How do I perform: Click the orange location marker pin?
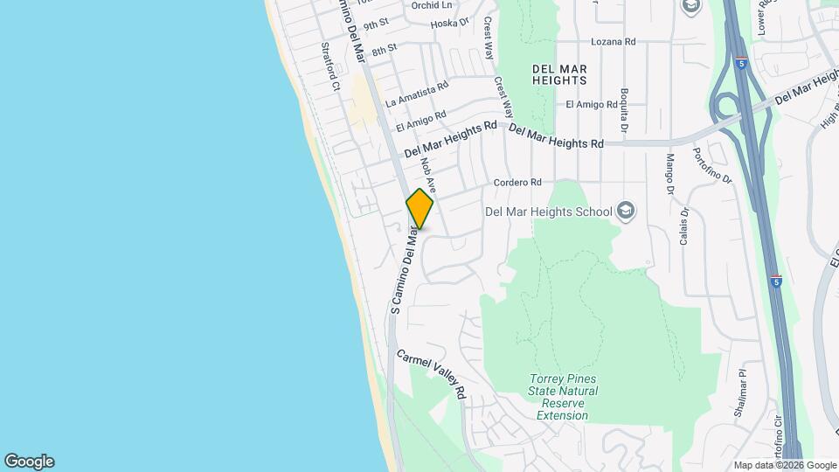[419, 208]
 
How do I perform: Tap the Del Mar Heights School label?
[549, 211]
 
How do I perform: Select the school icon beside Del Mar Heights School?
[626, 211]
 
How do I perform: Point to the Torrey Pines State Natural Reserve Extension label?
[563, 397]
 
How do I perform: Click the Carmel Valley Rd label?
[432, 375]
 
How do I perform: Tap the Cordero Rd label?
[517, 182]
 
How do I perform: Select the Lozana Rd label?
[613, 41]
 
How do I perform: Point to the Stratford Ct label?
[329, 67]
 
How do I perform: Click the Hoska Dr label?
[450, 23]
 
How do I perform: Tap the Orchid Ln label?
[431, 4]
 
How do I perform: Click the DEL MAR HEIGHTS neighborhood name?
[559, 74]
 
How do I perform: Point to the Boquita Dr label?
[624, 108]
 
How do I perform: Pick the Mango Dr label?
[670, 174]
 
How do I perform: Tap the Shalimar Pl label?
[742, 388]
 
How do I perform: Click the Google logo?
[29, 462]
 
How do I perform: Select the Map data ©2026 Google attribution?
[785, 465]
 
